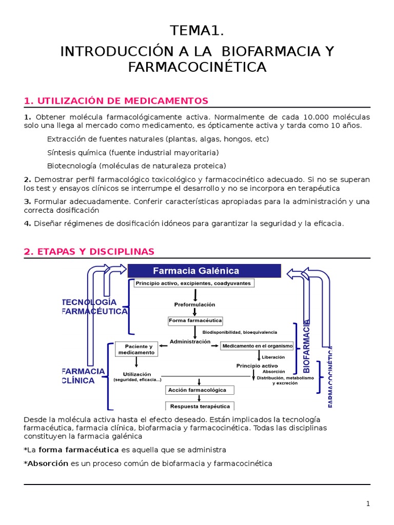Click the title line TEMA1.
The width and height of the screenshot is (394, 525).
(x=197, y=31)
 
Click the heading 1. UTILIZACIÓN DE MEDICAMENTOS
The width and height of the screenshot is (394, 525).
(x=116, y=100)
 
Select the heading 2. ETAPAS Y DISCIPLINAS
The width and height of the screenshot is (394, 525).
(x=89, y=251)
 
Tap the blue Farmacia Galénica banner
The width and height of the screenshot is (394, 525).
(x=204, y=271)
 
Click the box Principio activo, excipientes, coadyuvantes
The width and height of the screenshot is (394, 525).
(x=194, y=283)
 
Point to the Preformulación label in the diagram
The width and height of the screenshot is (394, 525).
(x=194, y=305)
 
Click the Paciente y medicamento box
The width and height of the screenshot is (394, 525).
(x=136, y=349)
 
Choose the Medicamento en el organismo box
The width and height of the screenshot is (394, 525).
(x=258, y=346)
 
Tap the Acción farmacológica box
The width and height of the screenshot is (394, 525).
(x=197, y=390)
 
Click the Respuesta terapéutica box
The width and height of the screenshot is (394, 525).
(x=200, y=406)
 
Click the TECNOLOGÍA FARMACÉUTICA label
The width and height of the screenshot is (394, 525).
(x=95, y=307)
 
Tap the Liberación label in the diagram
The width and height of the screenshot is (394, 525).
(x=273, y=357)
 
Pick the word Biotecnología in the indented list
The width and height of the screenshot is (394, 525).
(x=72, y=166)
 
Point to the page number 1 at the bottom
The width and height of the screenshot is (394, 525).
(x=368, y=503)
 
